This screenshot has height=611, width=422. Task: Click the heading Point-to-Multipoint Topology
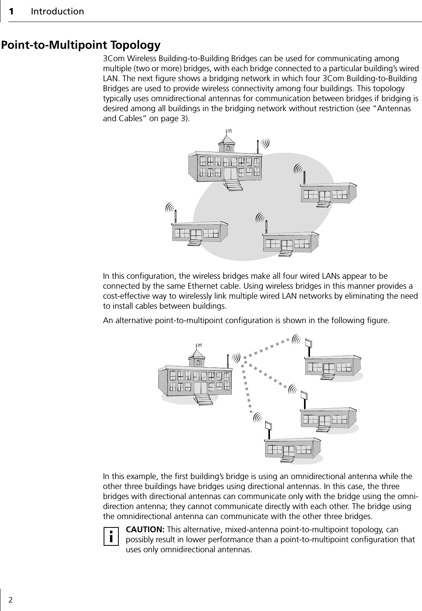[81, 44]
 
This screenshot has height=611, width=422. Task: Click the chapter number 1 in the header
[12, 11]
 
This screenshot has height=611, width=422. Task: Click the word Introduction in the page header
[58, 11]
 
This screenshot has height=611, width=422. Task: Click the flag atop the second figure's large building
[199, 345]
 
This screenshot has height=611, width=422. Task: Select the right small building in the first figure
[328, 194]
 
